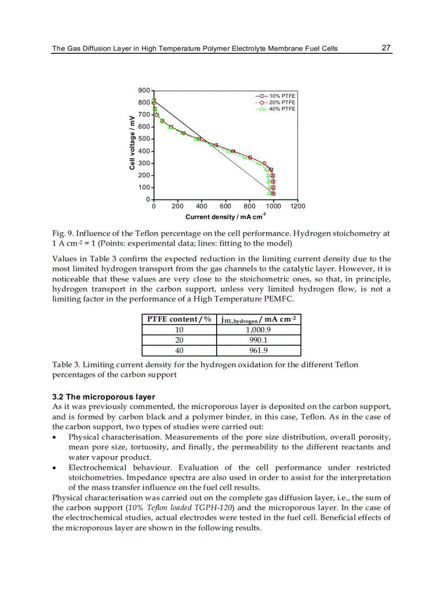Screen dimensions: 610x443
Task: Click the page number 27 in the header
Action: [x=386, y=48]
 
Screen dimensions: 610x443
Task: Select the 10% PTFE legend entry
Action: [x=282, y=96]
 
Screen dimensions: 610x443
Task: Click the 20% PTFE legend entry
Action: [x=282, y=102]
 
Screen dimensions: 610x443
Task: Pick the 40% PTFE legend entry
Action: [x=282, y=109]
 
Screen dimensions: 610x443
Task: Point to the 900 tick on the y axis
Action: [x=144, y=90]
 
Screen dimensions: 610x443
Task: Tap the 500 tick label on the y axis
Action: [x=144, y=139]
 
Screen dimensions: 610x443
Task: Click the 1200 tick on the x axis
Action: [x=298, y=206]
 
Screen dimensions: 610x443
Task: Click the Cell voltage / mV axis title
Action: [x=132, y=142]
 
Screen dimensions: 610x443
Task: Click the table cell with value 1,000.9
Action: [x=258, y=329]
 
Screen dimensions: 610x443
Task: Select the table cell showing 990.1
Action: [x=258, y=339]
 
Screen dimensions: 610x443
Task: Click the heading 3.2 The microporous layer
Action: [x=103, y=397]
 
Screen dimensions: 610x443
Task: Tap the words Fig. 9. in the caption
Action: [x=62, y=234]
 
